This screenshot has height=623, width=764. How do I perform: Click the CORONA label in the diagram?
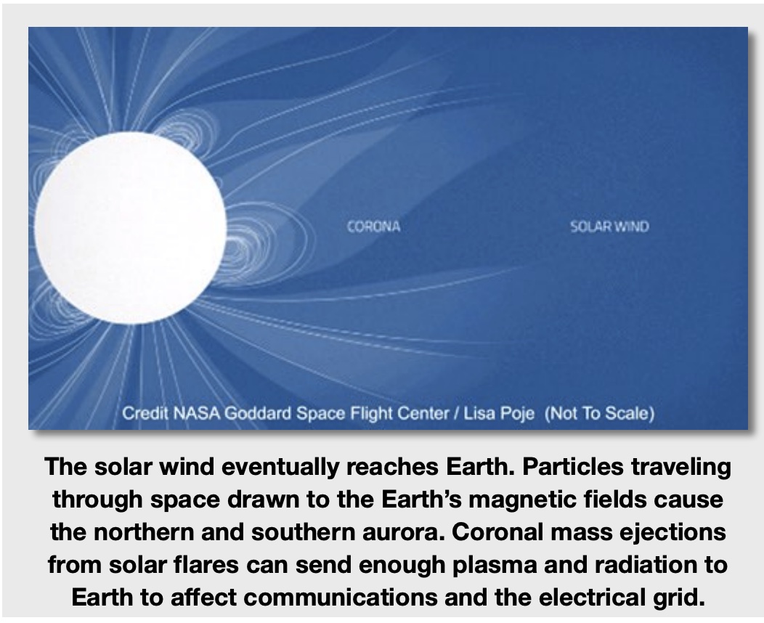click(373, 227)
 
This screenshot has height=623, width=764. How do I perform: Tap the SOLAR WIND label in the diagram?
click(609, 227)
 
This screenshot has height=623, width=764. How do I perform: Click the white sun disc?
click(131, 227)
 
